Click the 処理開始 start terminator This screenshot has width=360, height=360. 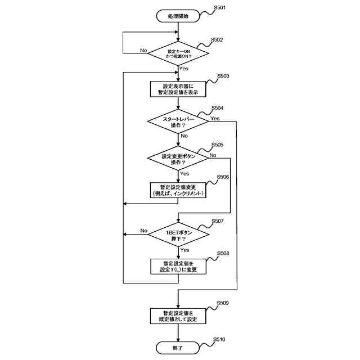[x=178, y=17]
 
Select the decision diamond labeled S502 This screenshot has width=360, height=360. [x=178, y=53]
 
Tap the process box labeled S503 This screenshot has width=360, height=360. [x=178, y=89]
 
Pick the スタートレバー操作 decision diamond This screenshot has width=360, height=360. [x=178, y=122]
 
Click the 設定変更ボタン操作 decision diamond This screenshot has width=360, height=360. [x=178, y=159]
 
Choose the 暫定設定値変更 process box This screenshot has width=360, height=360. [x=178, y=190]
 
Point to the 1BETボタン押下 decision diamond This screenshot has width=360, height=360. [x=178, y=235]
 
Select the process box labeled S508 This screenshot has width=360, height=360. [x=178, y=266]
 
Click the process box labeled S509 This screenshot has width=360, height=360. [x=178, y=316]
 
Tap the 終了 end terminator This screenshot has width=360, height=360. [x=178, y=348]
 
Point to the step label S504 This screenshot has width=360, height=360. [x=217, y=108]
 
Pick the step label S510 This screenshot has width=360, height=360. [x=220, y=340]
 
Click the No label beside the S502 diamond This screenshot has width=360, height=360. [x=143, y=50]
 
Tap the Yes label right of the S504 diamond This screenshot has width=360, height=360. [x=215, y=119]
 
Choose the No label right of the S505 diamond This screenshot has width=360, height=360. [x=213, y=155]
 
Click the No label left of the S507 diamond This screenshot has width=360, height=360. [x=143, y=231]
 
